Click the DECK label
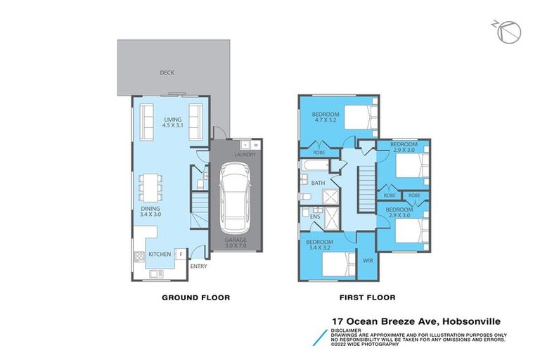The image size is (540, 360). pyautogui.click(x=167, y=72)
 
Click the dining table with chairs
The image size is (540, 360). pyautogui.click(x=150, y=187)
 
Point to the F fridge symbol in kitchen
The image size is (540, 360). pyautogui.click(x=181, y=253)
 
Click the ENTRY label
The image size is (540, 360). pyautogui.click(x=199, y=266)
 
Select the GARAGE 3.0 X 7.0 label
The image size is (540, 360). pyautogui.click(x=236, y=243)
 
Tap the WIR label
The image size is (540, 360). pyautogui.click(x=366, y=260)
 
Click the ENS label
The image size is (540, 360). pyautogui.click(x=314, y=217)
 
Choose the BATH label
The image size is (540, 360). pyautogui.click(x=318, y=183)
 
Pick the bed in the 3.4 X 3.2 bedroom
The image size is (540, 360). pyautogui.click(x=335, y=265)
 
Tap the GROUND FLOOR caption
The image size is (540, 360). pyautogui.click(x=196, y=297)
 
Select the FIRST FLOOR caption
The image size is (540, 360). pyautogui.click(x=366, y=297)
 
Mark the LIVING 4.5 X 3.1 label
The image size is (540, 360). pyautogui.click(x=173, y=122)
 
